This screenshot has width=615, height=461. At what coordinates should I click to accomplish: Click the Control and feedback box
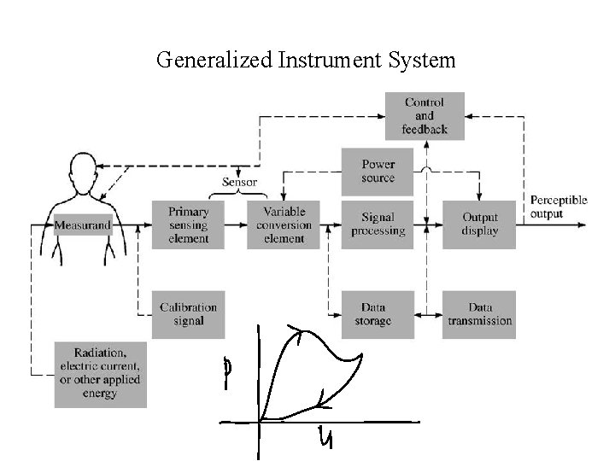coord(425,116)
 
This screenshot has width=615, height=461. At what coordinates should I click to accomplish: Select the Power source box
coord(378,172)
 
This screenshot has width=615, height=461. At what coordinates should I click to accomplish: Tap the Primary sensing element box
coord(188,225)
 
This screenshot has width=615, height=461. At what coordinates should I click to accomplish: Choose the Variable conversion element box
coord(284,225)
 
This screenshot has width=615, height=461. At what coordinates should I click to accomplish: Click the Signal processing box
coord(378,225)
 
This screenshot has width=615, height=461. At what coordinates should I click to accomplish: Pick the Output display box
coord(479,225)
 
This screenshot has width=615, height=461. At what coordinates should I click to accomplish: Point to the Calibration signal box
coord(188,314)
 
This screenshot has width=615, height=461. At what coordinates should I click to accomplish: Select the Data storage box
coord(378,314)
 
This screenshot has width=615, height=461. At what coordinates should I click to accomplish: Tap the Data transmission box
coord(479,314)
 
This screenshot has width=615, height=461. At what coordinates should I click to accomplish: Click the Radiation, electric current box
coord(100,374)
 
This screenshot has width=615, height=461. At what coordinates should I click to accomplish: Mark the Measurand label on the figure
coord(83,225)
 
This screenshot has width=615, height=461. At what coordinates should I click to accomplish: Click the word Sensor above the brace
coord(240,181)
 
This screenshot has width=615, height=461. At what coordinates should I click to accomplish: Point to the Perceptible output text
coord(559,207)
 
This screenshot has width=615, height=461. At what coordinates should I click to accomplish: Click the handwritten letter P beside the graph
coord(226,373)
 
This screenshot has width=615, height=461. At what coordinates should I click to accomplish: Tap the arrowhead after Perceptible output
coord(583,225)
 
